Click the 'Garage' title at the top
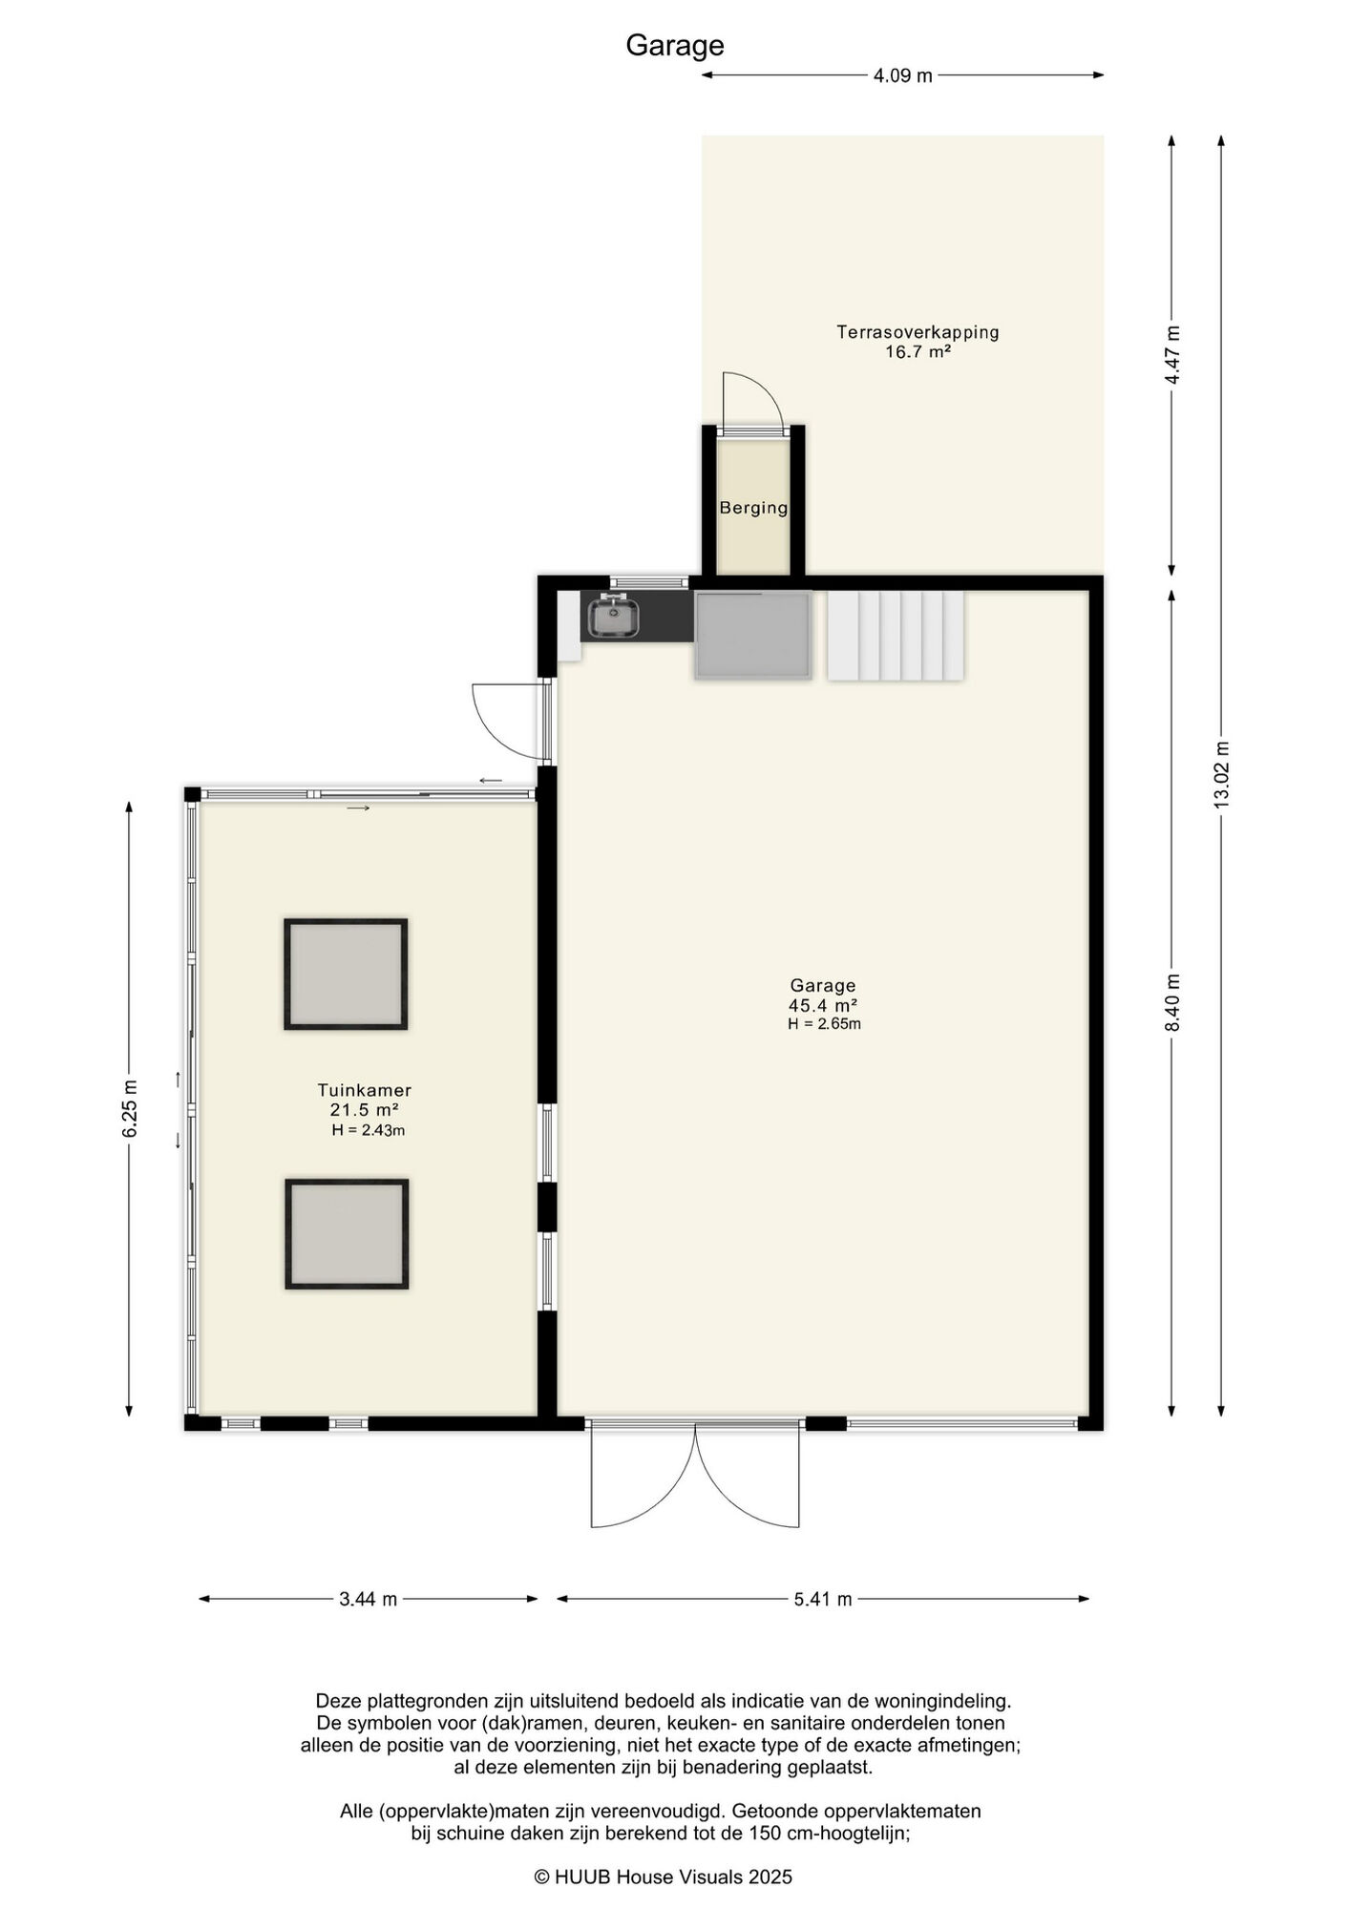675,46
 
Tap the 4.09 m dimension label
902,75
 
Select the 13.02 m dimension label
1221,775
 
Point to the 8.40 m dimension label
1173,1002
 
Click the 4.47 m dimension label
1173,355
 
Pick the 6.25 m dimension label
130,1108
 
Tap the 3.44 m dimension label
368,1599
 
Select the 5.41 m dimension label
823,1599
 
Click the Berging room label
753,508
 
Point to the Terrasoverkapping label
918,332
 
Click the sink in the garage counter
613,616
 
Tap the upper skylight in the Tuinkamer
346,974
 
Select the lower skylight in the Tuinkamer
347,1234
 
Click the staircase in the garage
896,636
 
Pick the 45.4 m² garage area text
822,1005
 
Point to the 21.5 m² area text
364,1110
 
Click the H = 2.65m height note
824,1024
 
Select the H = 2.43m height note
369,1130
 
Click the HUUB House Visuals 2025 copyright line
663,1877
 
